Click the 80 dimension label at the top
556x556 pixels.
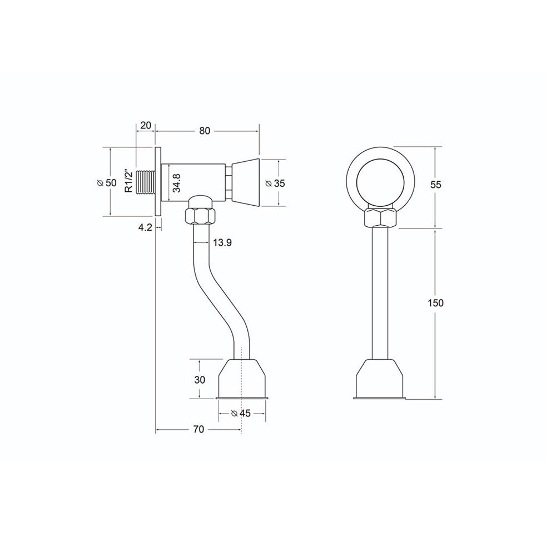(205, 131)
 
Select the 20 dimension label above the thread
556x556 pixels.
(146, 126)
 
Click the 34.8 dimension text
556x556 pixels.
(176, 182)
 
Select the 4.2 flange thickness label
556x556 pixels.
(146, 227)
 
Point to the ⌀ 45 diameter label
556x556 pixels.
(241, 413)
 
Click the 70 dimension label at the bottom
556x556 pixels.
(198, 429)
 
